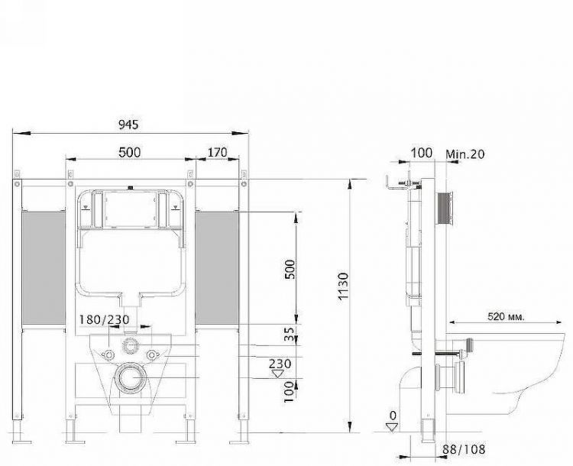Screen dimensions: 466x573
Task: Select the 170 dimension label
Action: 217,153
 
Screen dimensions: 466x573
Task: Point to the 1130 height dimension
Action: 343,284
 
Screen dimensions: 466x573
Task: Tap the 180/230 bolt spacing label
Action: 104,319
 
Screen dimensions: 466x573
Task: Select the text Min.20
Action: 466,154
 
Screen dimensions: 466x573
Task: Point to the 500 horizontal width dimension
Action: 129,153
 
